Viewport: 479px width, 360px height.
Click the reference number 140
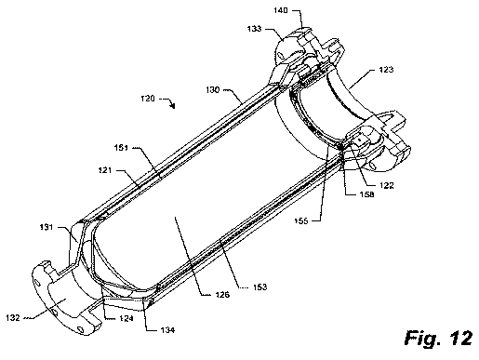pos(281,10)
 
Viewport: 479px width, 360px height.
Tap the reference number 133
pos(254,29)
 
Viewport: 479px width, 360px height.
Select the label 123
pos(386,70)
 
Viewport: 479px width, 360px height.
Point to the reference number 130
pos(213,90)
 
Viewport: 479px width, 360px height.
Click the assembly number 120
pos(148,99)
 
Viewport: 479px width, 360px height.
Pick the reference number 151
pos(121,148)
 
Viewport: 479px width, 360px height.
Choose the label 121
pos(105,170)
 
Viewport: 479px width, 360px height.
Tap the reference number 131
pos(47,227)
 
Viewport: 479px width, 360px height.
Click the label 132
pos(13,318)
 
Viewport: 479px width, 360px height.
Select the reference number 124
pos(126,318)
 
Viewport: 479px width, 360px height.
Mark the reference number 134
pos(167,330)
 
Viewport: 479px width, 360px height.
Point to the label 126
pos(222,294)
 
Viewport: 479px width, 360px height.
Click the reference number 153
pos(259,287)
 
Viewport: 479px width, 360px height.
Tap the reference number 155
pos(301,220)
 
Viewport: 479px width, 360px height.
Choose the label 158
pos(366,194)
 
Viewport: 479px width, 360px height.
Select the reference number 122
pos(387,185)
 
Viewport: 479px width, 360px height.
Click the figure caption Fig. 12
pos(438,338)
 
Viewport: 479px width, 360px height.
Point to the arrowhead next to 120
pos(173,106)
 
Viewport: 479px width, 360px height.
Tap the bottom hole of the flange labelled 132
pos(80,328)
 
